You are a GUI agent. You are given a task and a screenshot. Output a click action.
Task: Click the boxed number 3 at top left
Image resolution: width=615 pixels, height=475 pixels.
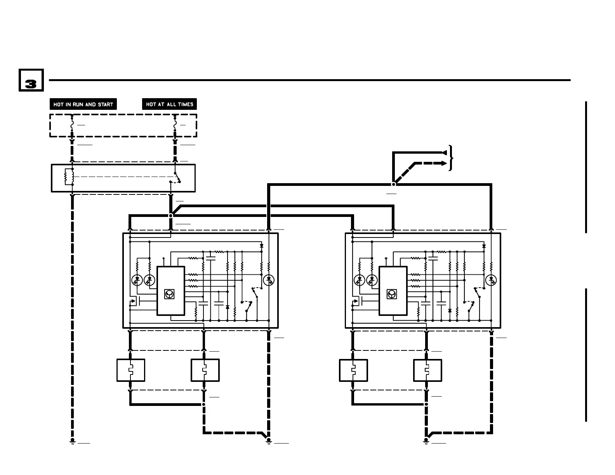(x=31, y=80)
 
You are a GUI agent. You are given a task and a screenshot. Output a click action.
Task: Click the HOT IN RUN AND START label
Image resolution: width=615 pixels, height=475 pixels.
(x=83, y=104)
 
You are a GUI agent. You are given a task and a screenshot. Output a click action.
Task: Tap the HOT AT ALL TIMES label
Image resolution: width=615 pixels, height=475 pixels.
(x=170, y=104)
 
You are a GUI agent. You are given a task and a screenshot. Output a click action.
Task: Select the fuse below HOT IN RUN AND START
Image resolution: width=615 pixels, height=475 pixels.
(x=72, y=125)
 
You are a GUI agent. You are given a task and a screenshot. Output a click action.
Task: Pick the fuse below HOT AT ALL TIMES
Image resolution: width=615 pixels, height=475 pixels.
(x=175, y=125)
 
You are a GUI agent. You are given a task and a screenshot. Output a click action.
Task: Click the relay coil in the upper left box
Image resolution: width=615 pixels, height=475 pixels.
(x=69, y=177)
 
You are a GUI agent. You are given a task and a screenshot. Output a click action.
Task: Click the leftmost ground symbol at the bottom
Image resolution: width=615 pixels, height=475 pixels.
(x=72, y=441)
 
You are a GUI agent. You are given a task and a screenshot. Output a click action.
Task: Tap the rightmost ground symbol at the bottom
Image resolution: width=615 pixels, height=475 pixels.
(x=426, y=441)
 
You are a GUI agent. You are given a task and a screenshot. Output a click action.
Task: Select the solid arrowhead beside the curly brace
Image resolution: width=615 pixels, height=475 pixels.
(x=444, y=153)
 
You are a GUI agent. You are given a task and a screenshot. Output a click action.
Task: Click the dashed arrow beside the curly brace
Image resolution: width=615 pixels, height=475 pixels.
(x=443, y=163)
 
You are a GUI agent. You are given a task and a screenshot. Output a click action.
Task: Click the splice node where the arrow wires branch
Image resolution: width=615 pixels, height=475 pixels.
(x=393, y=184)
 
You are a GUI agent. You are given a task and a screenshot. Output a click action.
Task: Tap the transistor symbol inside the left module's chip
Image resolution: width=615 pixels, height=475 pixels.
(x=169, y=294)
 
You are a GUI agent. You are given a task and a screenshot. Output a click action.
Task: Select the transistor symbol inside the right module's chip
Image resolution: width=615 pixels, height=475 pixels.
(x=392, y=294)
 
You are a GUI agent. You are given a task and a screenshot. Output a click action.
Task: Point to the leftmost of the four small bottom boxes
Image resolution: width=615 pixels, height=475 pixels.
(x=131, y=370)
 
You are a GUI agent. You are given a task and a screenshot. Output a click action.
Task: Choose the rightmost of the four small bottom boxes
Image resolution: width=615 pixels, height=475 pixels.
(x=427, y=370)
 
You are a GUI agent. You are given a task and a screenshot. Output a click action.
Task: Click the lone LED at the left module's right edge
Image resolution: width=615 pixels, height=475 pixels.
(x=269, y=280)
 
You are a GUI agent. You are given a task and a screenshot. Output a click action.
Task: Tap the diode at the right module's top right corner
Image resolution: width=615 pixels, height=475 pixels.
(x=484, y=246)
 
